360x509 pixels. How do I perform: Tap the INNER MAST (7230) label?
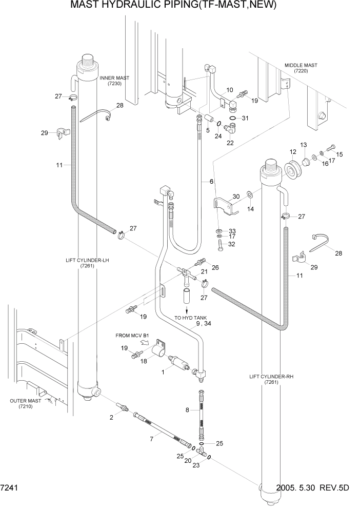(x=114, y=81)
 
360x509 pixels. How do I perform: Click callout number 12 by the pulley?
(x=293, y=152)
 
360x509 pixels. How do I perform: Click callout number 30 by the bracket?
(x=236, y=197)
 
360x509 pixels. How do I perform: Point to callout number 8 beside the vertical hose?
(x=187, y=410)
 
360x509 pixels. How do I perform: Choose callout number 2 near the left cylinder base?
(x=111, y=417)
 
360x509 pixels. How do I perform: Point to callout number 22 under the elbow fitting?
(x=230, y=143)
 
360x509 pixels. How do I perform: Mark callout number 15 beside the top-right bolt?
(x=339, y=154)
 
